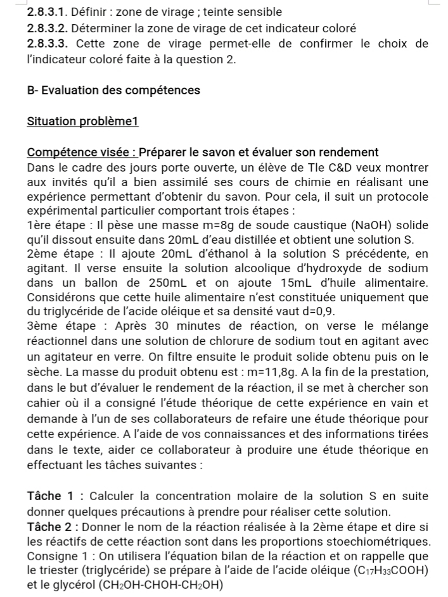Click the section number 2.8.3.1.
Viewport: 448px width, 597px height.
48,12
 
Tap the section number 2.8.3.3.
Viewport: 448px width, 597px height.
49,44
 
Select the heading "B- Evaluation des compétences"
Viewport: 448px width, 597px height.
113,90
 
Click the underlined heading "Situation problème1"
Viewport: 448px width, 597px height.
82,121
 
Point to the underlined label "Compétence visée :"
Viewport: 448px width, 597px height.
81,152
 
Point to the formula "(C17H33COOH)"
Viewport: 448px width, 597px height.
387,572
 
